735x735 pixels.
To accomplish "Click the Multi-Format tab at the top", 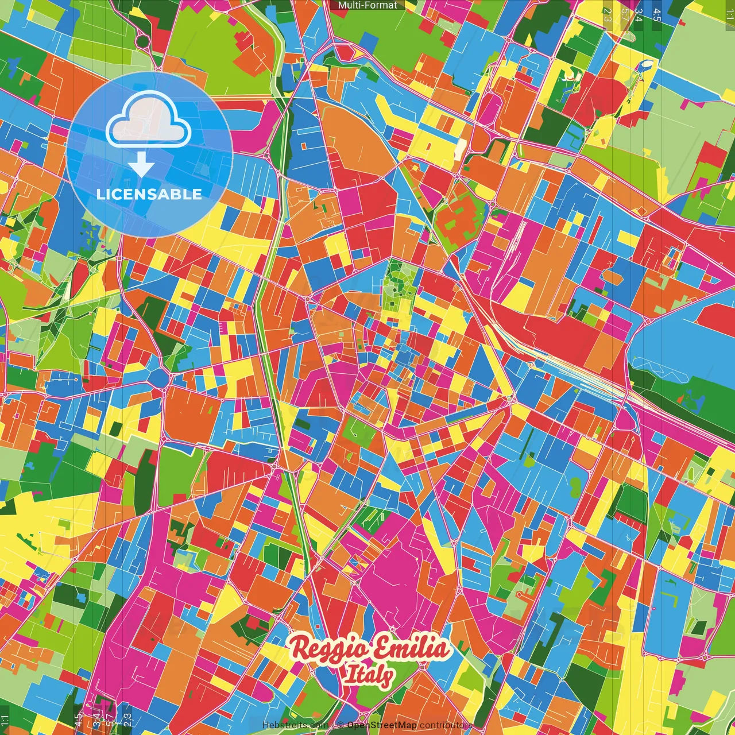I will (367, 5).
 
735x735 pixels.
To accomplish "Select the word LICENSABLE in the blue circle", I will (149, 194).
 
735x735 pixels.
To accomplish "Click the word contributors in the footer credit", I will (446, 725).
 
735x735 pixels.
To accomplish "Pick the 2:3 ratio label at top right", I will (608, 15).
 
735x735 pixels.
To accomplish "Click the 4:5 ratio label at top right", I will (657, 15).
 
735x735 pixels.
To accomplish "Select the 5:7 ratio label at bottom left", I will (110, 719).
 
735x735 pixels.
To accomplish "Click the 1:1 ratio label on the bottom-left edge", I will (5, 720).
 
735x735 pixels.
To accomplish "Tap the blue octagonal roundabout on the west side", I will (158, 377).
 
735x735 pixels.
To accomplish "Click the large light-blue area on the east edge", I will (683, 345).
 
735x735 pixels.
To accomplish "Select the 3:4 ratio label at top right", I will (639, 15).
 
